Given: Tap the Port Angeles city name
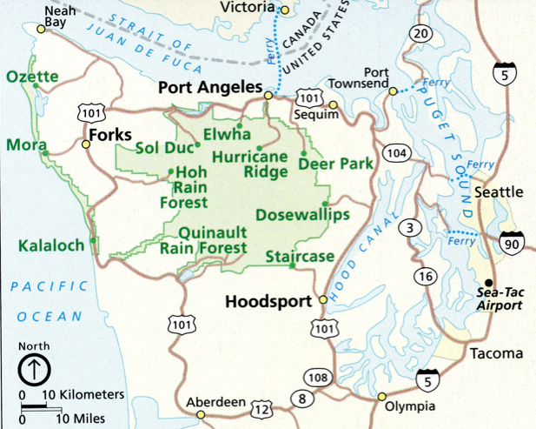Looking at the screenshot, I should point(208,88).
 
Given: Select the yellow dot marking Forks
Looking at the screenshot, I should point(85,144).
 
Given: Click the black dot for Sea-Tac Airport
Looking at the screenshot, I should point(489,282).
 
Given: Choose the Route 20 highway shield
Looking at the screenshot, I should point(421,34).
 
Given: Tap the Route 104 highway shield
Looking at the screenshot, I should point(397,153).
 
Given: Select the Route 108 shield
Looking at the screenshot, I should point(316,377).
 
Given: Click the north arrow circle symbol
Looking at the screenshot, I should point(30,369).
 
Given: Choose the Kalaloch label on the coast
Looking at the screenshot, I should point(51,245).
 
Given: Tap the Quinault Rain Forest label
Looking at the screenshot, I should point(213,239).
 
